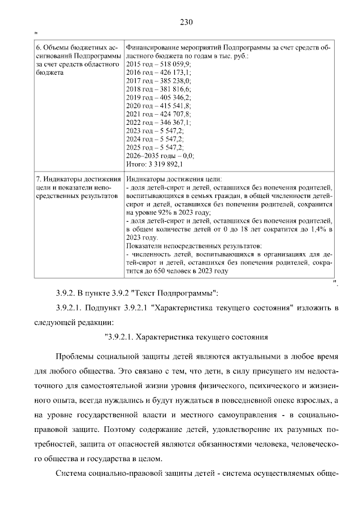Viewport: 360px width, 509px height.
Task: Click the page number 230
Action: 186,23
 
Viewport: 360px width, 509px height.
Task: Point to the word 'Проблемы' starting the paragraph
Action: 76,358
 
